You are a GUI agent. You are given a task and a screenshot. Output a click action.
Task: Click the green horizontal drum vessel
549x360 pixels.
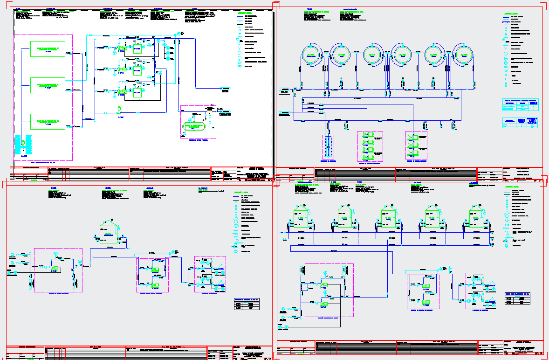point(194,126)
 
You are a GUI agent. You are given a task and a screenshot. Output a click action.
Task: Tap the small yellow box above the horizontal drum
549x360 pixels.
point(210,112)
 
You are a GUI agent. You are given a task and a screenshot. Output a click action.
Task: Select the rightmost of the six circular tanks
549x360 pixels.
point(463,55)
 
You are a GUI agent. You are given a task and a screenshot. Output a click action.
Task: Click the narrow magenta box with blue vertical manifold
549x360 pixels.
point(328,147)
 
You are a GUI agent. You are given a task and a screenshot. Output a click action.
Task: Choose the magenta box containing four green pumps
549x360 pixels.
point(370,145)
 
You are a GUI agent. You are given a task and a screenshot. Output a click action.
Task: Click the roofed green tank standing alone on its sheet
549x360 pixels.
point(108,230)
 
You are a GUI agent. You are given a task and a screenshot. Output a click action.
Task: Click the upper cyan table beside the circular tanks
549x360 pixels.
point(521,105)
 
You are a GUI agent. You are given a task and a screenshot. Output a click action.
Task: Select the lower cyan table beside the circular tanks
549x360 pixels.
point(521,123)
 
